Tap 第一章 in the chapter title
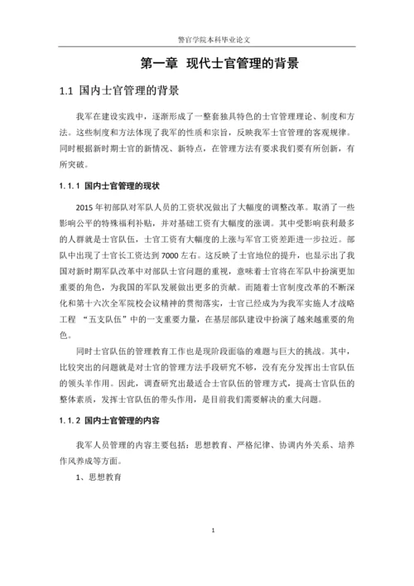[x=157, y=63]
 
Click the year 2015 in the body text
[x=85, y=207]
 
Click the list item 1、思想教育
[x=99, y=478]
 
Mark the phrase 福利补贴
[x=155, y=224]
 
